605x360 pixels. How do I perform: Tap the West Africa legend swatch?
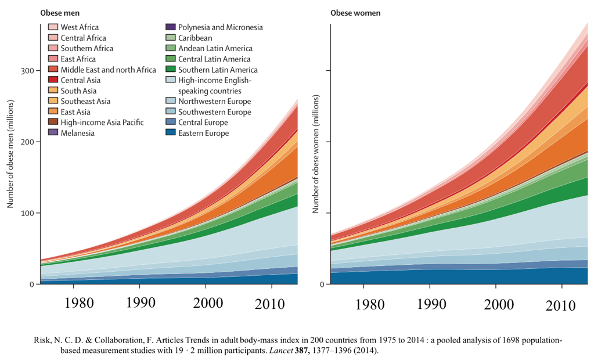(52, 27)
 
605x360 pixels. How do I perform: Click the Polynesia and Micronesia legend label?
(220, 27)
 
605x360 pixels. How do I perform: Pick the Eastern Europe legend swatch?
(170, 134)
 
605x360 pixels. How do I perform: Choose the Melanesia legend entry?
(77, 133)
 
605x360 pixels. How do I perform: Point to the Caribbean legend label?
(195, 38)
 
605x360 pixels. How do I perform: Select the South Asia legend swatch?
(52, 91)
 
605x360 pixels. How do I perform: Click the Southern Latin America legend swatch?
(170, 70)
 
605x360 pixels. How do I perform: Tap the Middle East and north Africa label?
(108, 70)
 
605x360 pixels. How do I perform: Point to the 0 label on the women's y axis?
(322, 285)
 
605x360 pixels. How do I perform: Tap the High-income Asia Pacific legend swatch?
(52, 123)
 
